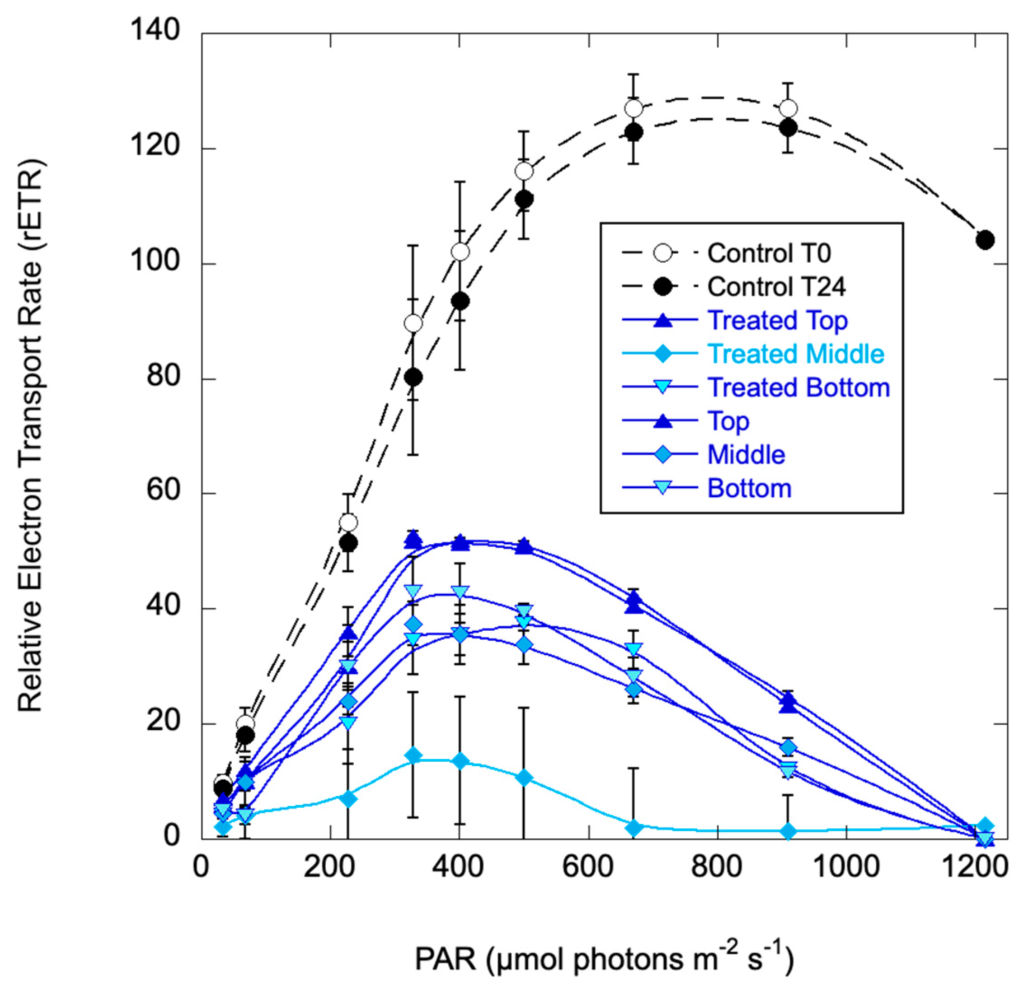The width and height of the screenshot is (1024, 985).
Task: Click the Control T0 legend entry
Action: tap(768, 253)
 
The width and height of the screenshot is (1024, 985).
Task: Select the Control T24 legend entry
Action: tap(776, 287)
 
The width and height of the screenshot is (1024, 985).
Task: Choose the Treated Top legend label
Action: tap(777, 320)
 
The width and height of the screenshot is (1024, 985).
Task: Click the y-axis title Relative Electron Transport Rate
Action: tap(30, 436)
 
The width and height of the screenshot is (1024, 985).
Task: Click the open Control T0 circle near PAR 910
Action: tap(788, 109)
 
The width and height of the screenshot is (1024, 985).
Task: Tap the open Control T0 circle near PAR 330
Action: tap(413, 324)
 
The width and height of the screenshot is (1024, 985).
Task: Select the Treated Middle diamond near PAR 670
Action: tap(634, 828)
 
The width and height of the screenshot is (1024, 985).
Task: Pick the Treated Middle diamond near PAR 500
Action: tap(524, 778)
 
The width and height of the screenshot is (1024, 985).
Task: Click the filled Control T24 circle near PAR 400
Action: tap(460, 301)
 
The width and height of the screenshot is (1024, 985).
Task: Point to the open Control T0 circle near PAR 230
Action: tap(348, 523)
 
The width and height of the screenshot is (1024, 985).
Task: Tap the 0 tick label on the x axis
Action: tap(201, 866)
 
